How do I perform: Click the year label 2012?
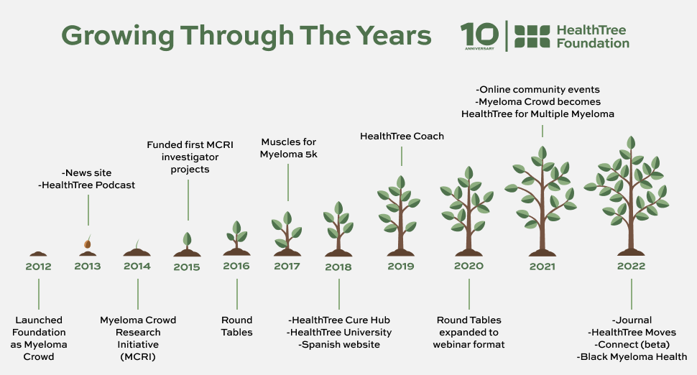pyautogui.click(x=38, y=267)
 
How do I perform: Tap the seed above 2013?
pyautogui.click(x=88, y=244)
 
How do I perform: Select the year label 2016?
pyautogui.click(x=236, y=266)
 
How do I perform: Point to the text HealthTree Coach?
pyautogui.click(x=402, y=136)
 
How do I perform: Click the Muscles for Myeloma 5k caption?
pyautogui.click(x=288, y=148)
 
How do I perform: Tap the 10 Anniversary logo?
pyautogui.click(x=479, y=36)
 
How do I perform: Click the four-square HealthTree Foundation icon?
pyautogui.click(x=532, y=36)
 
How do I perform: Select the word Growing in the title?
pyautogui.click(x=117, y=35)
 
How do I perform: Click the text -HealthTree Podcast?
pyautogui.click(x=87, y=185)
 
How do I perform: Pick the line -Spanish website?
pyautogui.click(x=339, y=345)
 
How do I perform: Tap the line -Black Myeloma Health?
pyautogui.click(x=632, y=357)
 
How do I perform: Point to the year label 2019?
pyautogui.click(x=400, y=267)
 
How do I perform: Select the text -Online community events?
pyautogui.click(x=537, y=90)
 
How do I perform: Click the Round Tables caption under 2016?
pyautogui.click(x=236, y=326)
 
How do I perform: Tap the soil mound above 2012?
pyautogui.click(x=38, y=254)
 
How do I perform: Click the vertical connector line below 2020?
pyautogui.click(x=469, y=294)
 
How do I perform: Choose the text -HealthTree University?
pyautogui.click(x=339, y=333)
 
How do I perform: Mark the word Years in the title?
pyautogui.click(x=393, y=35)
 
